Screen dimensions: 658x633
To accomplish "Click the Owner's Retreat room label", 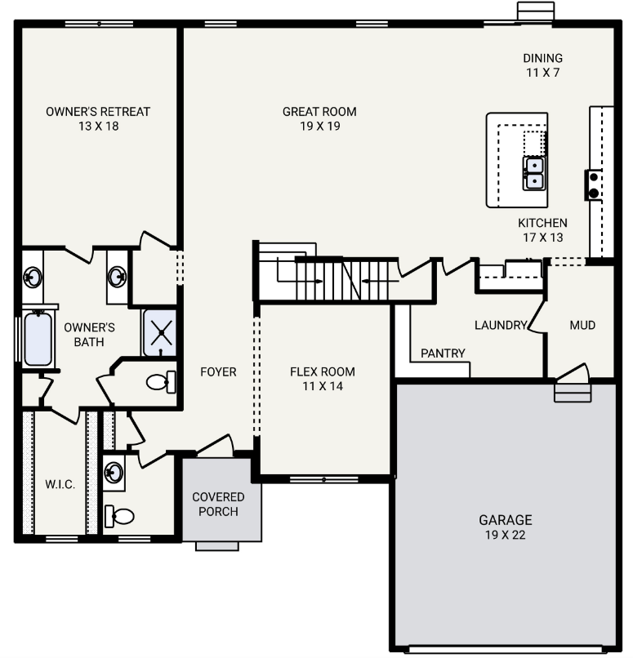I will coord(98,118).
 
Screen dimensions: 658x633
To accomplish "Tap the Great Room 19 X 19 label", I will coord(319,118).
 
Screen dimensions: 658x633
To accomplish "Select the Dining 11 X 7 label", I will coord(542,64).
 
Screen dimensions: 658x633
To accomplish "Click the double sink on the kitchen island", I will coord(533,172).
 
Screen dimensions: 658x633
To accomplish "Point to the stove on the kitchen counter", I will coord(592,185).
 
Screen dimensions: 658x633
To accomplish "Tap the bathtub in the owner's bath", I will coord(38,339).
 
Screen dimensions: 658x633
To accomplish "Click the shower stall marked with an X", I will coord(160,333).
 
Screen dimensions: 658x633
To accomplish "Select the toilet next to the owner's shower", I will coord(159,380).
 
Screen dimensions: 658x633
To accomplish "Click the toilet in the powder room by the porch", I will coord(119,516).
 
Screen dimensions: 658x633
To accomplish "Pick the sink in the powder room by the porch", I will coord(114,472).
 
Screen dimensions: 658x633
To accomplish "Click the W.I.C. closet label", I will coord(60,484).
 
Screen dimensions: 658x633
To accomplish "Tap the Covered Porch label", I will coord(218,504).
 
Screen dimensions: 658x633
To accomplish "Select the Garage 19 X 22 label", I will coord(505,527).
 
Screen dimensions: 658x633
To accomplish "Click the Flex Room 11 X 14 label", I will coord(323,378).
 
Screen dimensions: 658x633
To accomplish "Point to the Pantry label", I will coord(443,353).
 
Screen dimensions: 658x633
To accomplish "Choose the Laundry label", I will coord(500,325).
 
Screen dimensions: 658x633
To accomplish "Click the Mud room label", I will coord(582,325).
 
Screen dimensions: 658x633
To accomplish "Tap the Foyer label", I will coord(218,372).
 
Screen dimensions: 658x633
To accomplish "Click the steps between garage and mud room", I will coord(573,393).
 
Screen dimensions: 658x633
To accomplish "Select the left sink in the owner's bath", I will coord(32,278).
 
